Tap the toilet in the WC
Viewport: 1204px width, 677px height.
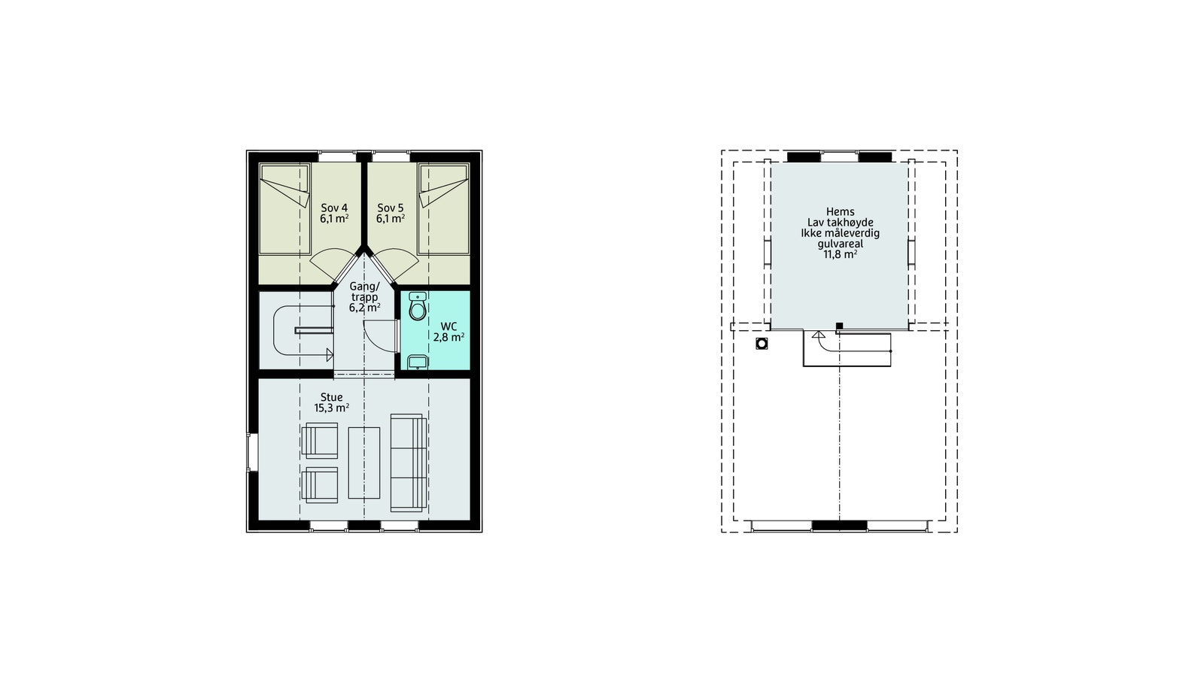(x=418, y=307)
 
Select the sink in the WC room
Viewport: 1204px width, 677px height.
(x=418, y=363)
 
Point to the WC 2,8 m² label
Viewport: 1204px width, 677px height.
(x=448, y=332)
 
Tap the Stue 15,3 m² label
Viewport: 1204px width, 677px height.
(x=331, y=402)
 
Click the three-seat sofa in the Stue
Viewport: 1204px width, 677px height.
(x=409, y=463)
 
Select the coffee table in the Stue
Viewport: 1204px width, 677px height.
(x=364, y=462)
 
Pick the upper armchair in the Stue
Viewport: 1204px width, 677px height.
(x=320, y=440)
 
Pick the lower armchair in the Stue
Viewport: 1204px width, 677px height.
(x=320, y=484)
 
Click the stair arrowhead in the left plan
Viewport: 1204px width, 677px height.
(x=330, y=355)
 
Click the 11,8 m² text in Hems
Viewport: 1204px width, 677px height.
(x=840, y=254)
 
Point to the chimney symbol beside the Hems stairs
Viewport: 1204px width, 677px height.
(x=762, y=344)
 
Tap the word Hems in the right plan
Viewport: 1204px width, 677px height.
(x=840, y=212)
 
